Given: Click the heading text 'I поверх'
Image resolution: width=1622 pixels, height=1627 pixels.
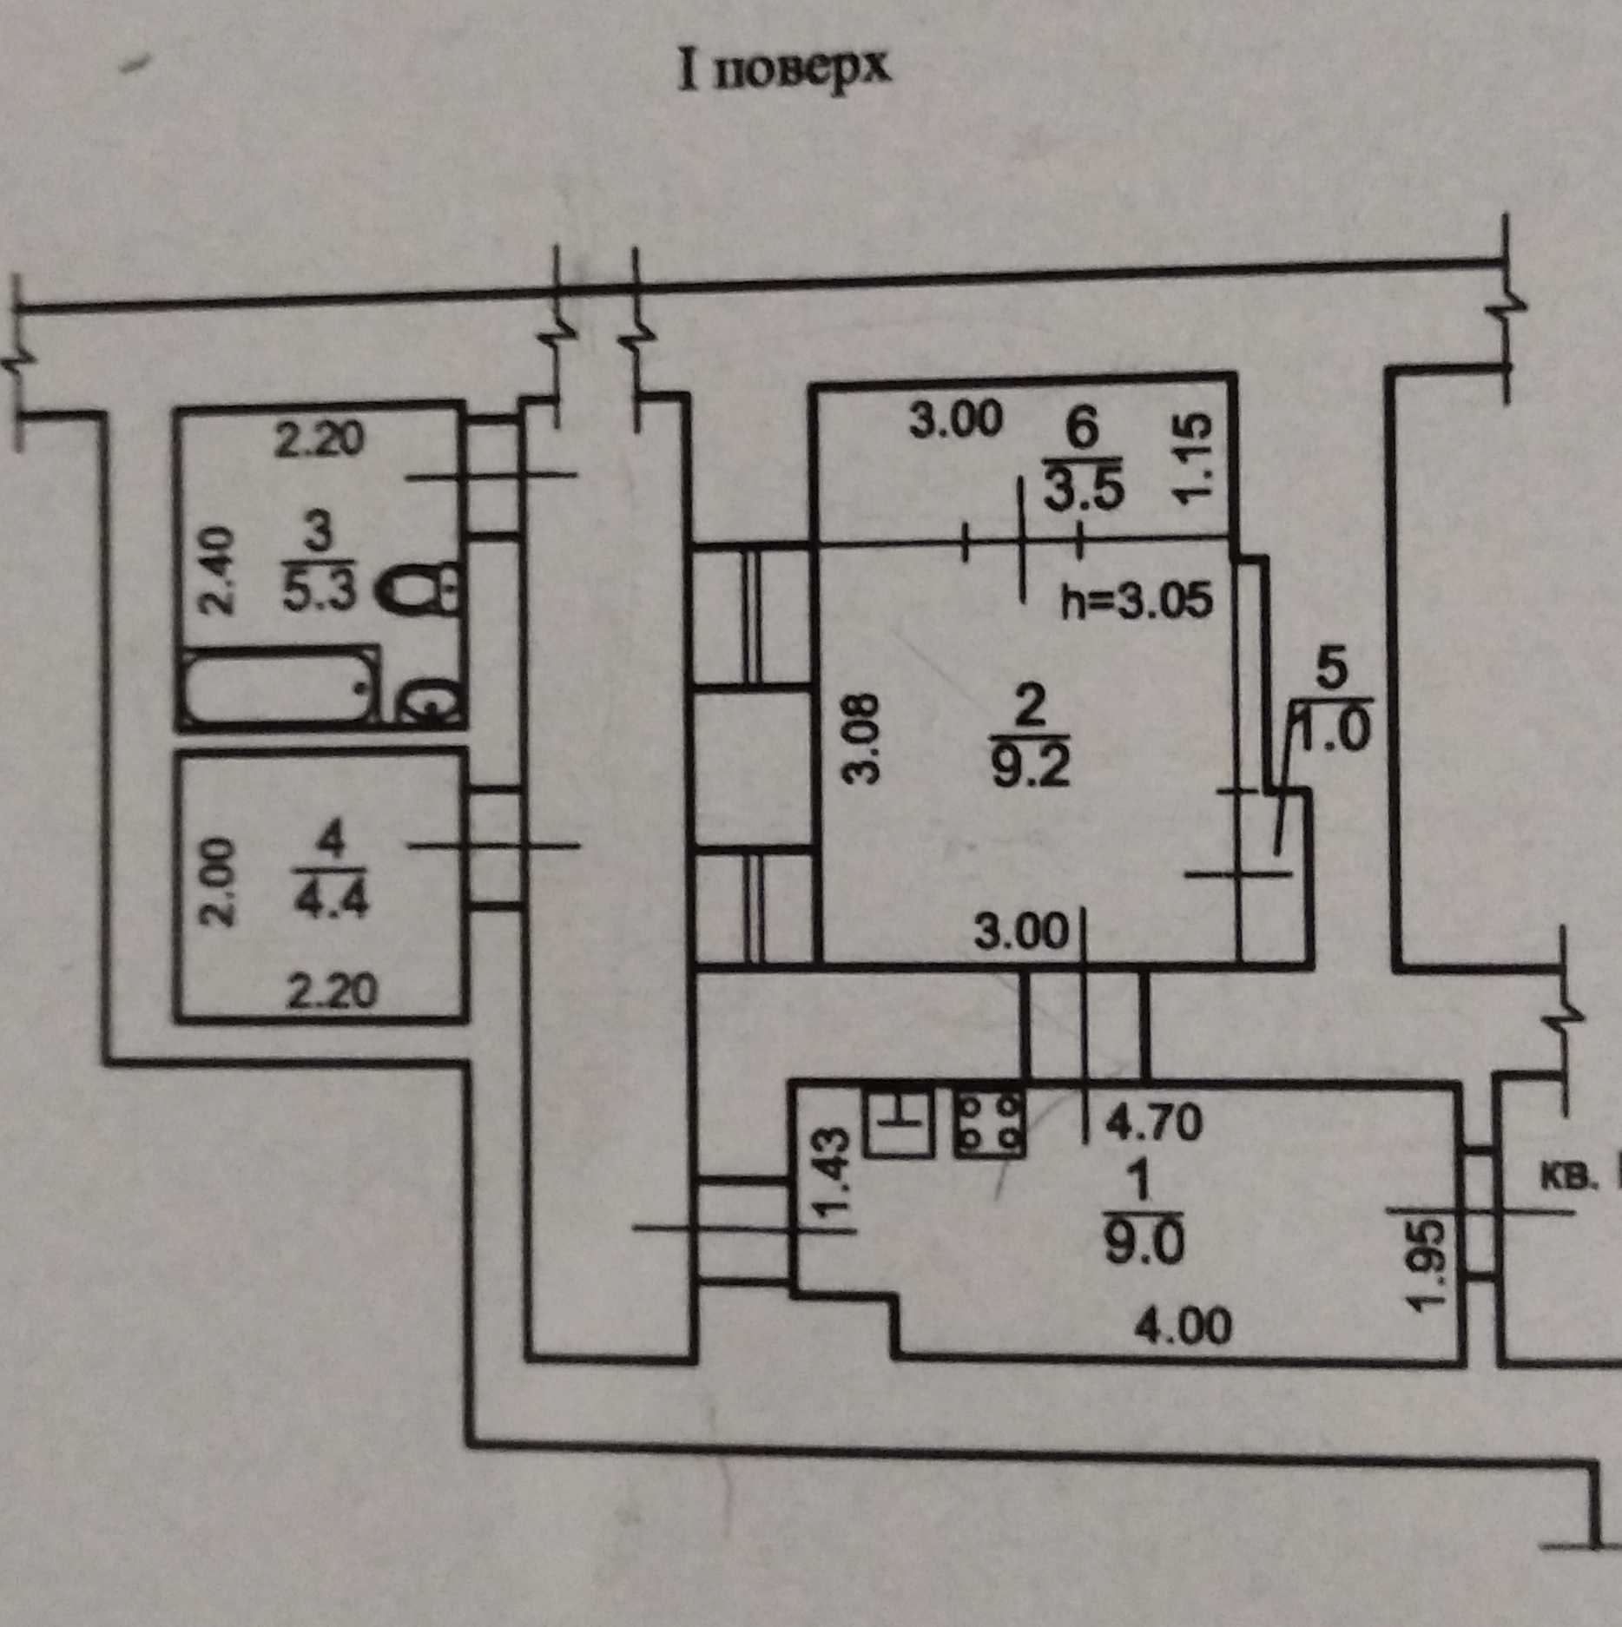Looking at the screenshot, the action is (x=784, y=69).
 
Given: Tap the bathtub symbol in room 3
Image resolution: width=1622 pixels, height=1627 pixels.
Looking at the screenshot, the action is (x=281, y=686).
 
